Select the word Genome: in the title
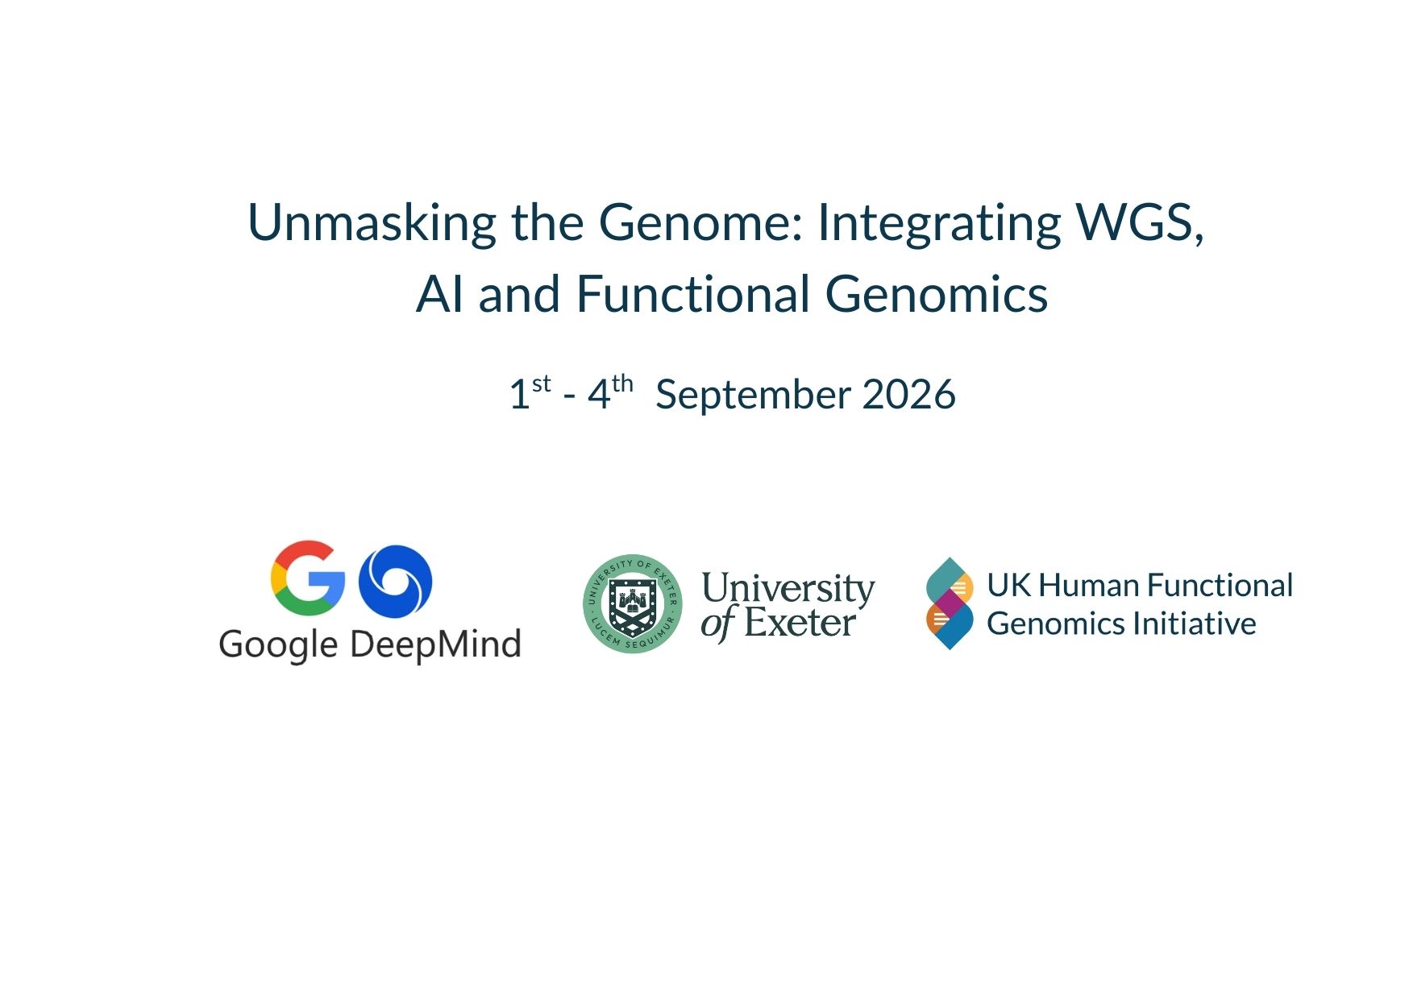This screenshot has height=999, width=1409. click(x=700, y=222)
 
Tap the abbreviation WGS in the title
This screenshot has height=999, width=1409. click(x=1140, y=222)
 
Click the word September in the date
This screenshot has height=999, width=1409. click(x=753, y=395)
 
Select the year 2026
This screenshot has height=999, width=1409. click(x=908, y=395)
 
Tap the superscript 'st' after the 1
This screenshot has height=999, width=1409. click(x=542, y=383)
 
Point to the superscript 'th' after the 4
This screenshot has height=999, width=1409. click(x=622, y=383)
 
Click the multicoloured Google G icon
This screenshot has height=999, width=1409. click(x=307, y=578)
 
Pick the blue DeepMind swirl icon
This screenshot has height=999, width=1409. click(x=395, y=581)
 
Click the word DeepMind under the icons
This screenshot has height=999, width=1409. click(x=436, y=645)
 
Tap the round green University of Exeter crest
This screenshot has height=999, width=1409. click(x=633, y=603)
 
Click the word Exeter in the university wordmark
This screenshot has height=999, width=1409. click(x=799, y=623)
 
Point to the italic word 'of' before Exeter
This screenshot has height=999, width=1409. click(x=718, y=624)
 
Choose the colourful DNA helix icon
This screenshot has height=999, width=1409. click(x=950, y=603)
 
